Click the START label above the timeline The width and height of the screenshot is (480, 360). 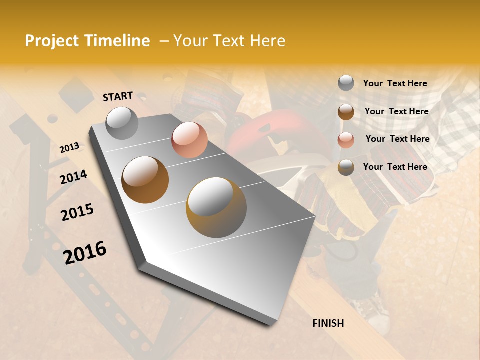(x=118, y=96)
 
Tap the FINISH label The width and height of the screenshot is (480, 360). (x=328, y=323)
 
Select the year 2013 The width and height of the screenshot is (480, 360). (x=69, y=148)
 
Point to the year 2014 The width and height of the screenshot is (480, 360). (x=73, y=177)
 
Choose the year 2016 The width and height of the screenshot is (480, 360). (x=85, y=252)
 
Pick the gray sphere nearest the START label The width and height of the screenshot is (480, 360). (x=122, y=123)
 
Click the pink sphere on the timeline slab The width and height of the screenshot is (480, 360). (x=189, y=140)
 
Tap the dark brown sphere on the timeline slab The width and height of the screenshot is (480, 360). (x=145, y=180)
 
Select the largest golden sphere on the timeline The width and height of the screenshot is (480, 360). (x=216, y=207)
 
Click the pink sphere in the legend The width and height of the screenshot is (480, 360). (x=346, y=140)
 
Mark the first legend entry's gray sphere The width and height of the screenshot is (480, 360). (x=346, y=83)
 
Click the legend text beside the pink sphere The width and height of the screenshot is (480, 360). (x=397, y=139)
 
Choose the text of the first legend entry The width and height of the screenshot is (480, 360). (x=395, y=83)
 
